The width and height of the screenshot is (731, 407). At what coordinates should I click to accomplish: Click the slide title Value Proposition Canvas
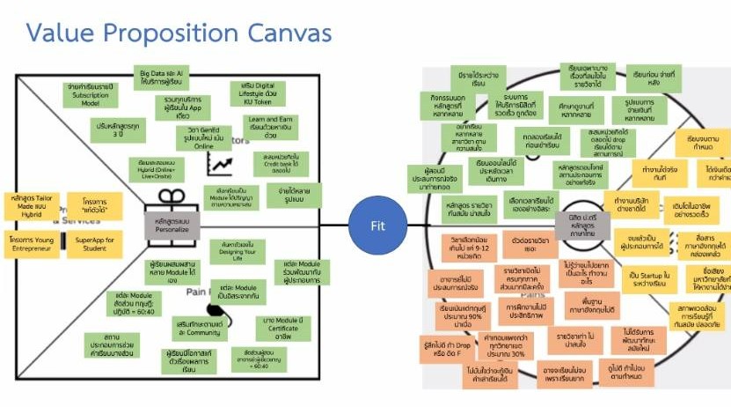179,33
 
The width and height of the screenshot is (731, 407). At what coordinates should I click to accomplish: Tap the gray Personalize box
173,225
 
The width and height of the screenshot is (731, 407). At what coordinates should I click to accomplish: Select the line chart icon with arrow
220,164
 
